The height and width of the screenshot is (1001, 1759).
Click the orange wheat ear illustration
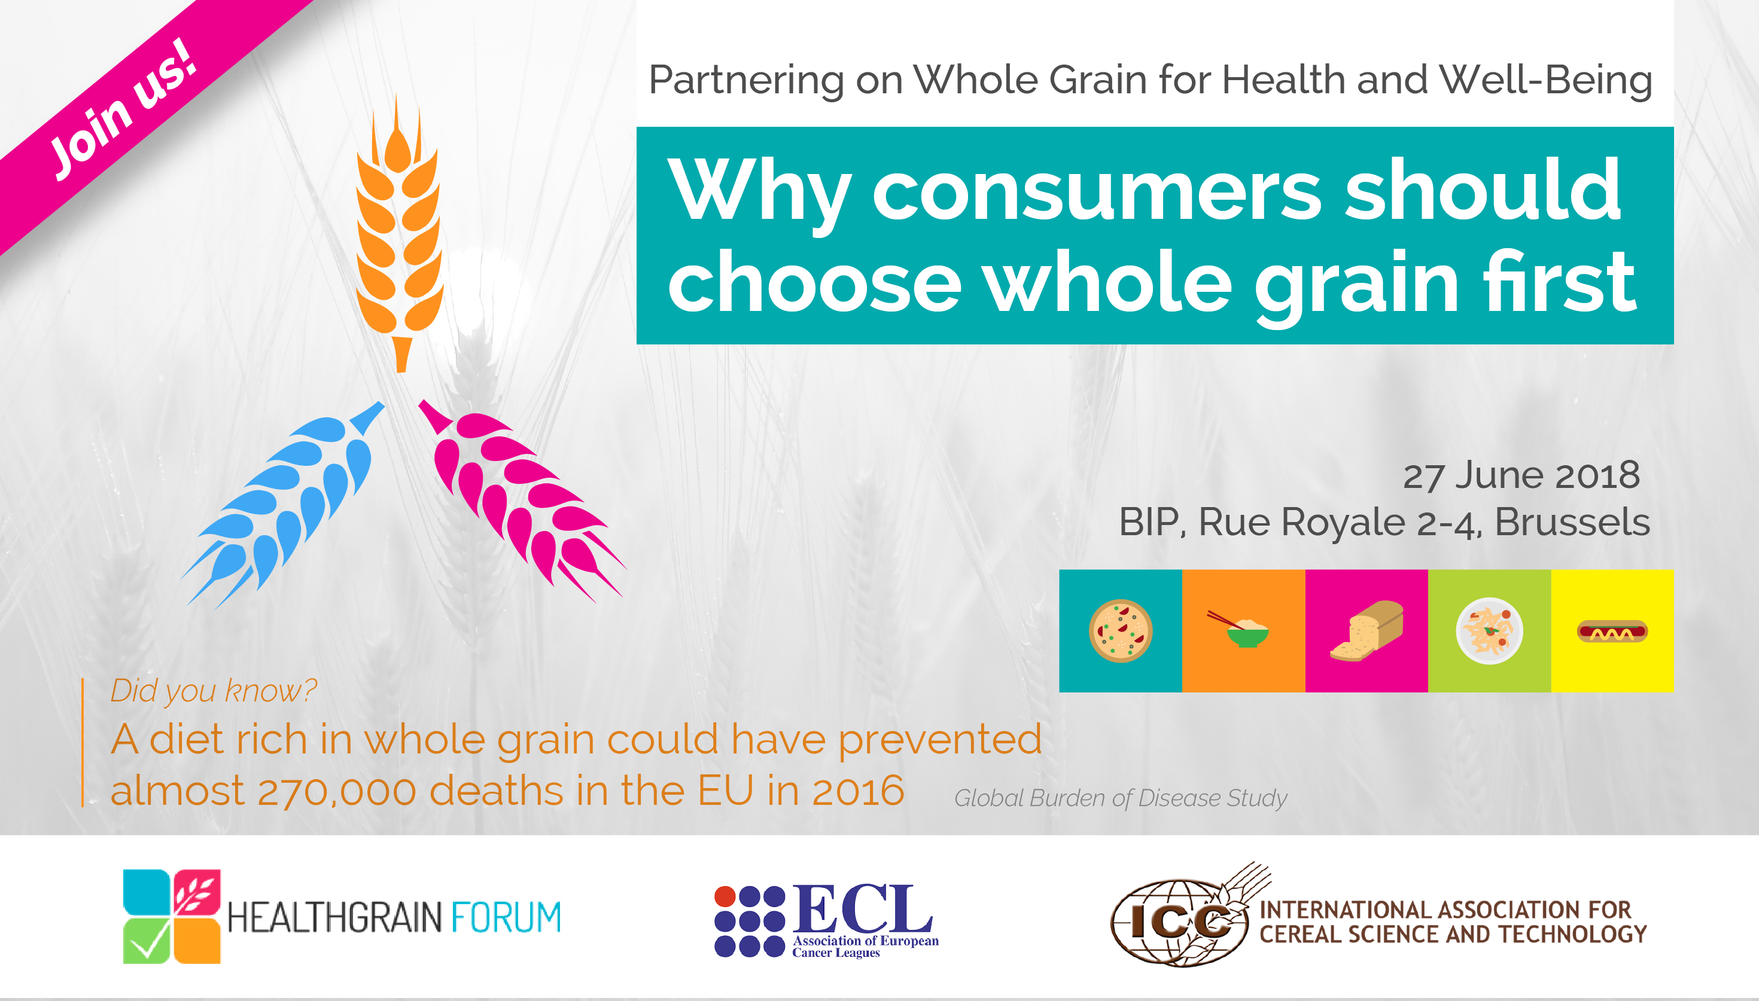(398, 234)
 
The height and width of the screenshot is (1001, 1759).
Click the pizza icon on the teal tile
(1120, 630)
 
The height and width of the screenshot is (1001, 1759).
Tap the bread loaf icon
(1367, 631)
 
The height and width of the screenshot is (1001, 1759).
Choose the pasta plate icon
(1489, 630)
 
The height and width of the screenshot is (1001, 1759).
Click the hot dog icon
(1612, 631)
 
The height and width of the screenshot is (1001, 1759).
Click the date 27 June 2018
(1521, 475)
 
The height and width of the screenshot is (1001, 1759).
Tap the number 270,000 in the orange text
(337, 791)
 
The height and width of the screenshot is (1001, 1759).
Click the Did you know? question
(213, 691)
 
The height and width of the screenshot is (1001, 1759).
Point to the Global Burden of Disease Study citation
(1120, 798)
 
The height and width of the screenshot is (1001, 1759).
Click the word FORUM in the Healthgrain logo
(506, 917)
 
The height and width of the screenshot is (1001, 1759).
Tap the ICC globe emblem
(1179, 923)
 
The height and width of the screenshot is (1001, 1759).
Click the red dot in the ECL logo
(725, 896)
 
